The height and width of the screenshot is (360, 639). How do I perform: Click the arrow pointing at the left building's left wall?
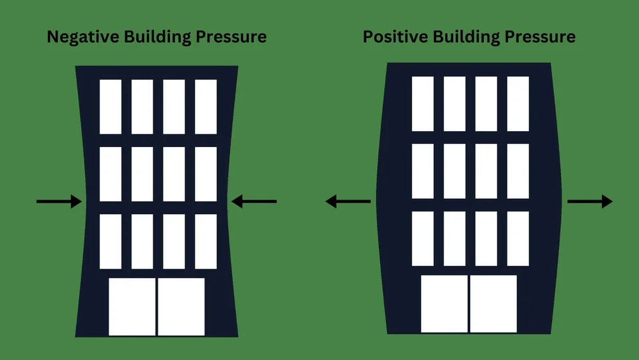click(59, 202)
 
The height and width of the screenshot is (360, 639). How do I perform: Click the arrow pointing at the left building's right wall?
click(254, 202)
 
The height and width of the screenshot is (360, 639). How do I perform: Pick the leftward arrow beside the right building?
click(348, 202)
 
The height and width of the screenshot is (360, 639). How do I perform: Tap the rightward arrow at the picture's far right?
click(590, 202)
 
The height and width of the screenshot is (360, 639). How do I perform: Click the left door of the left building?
click(132, 306)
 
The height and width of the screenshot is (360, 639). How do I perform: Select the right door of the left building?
click(181, 306)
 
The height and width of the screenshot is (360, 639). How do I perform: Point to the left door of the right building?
click(445, 304)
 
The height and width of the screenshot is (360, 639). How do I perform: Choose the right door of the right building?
click(493, 304)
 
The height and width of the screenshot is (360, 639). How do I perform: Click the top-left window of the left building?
click(111, 107)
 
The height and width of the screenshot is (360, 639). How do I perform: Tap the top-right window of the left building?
click(206, 107)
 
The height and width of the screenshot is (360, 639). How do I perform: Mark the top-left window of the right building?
click(422, 104)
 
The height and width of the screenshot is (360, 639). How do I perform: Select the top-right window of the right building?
click(518, 104)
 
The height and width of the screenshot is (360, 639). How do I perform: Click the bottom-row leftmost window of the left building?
click(111, 241)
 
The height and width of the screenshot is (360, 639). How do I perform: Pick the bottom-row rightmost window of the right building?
click(518, 239)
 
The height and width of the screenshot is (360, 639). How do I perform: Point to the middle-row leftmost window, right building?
click(422, 171)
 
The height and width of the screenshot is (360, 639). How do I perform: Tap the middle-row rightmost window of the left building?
click(206, 174)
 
